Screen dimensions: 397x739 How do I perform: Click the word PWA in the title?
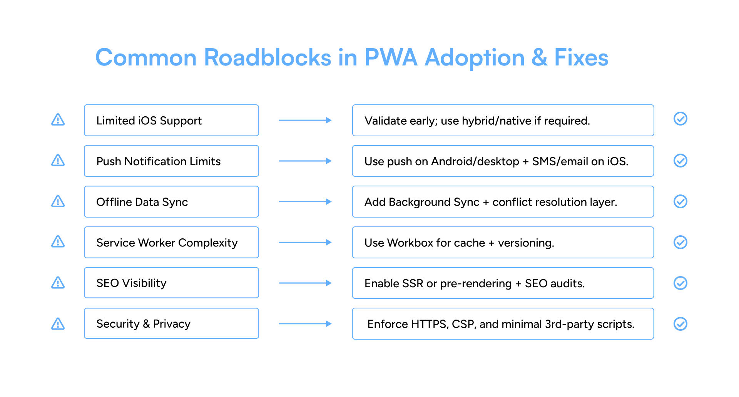pos(390,58)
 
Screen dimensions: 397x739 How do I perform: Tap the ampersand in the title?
pos(539,58)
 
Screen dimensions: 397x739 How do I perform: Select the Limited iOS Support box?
pos(171,121)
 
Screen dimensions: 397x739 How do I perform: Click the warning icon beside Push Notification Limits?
pos(58,161)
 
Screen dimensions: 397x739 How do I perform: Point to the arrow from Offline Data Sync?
pos(305,202)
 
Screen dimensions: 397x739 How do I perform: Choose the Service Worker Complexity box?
pos(171,243)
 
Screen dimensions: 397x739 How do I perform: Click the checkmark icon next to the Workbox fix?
pos(680,243)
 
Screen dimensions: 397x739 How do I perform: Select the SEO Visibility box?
pos(171,283)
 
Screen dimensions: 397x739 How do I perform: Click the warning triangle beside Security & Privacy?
pos(58,324)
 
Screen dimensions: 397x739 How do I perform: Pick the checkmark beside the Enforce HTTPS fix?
pos(680,324)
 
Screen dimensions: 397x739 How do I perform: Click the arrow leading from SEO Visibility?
pos(305,283)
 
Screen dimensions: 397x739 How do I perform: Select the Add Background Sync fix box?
pos(503,202)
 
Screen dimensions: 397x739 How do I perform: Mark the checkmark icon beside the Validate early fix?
pos(680,119)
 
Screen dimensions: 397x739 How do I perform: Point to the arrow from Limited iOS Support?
pos(305,121)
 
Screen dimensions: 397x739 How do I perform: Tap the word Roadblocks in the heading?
pos(267,58)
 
